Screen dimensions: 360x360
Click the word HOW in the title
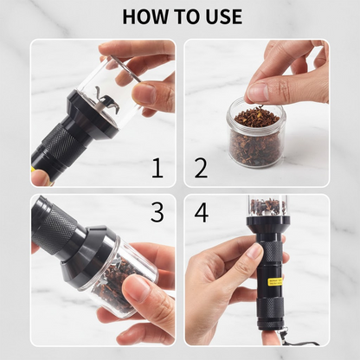pos(146,16)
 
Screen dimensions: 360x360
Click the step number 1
pos(157,167)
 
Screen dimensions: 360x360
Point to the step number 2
pos(201,167)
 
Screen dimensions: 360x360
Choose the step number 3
pos(157,213)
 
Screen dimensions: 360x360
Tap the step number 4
pos(201,213)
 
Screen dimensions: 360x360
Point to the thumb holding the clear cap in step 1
pos(144,93)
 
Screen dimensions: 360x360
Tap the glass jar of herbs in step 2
pos(257,138)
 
